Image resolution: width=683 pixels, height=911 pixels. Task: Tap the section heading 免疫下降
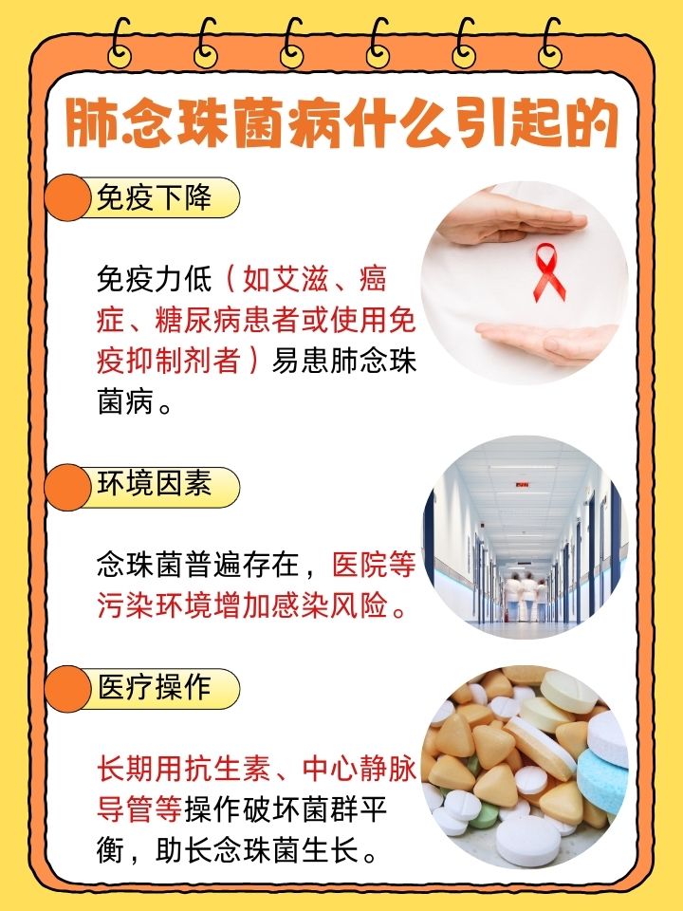click(154, 198)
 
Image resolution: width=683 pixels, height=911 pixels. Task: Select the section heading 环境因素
click(154, 484)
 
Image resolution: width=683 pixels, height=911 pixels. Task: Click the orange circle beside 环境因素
click(68, 486)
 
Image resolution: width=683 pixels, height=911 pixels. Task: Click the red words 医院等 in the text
click(374, 567)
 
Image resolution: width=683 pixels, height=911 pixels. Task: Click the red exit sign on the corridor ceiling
click(521, 485)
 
